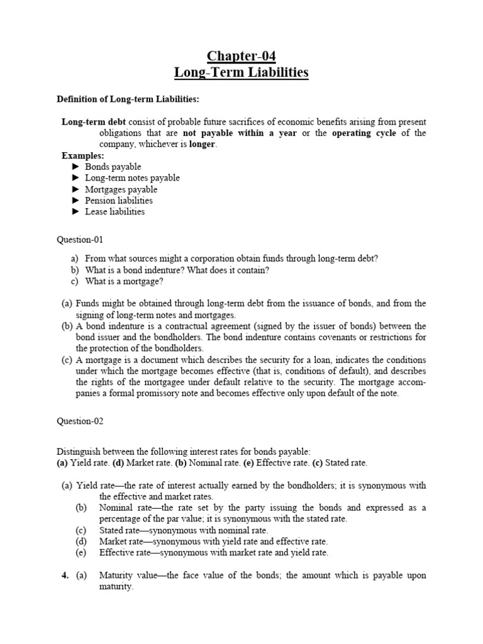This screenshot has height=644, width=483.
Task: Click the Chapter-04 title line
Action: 241,56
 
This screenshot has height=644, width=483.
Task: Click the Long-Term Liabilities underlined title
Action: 241,72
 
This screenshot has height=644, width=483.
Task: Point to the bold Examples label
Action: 82,155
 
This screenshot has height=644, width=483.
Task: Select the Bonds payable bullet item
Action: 113,167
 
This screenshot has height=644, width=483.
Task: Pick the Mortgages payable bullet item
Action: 121,189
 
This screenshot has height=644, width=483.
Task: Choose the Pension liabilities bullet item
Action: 119,201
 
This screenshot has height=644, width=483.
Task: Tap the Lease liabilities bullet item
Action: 114,211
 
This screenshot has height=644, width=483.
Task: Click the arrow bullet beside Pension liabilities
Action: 75,201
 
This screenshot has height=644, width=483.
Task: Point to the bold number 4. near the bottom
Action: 65,575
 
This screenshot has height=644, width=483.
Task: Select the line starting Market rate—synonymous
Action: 213,541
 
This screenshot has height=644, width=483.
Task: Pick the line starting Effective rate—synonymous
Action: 213,553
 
